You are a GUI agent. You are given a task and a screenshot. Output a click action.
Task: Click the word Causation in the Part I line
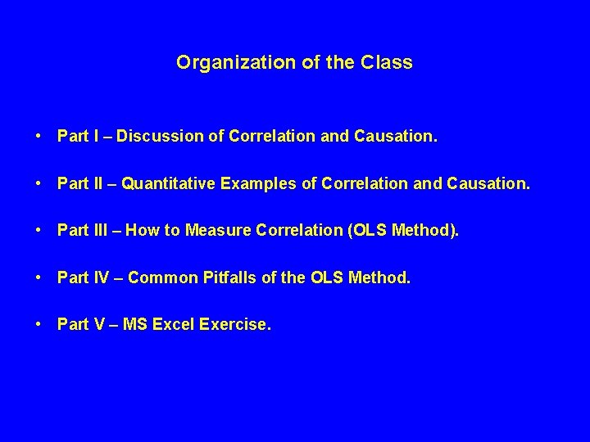402,137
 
